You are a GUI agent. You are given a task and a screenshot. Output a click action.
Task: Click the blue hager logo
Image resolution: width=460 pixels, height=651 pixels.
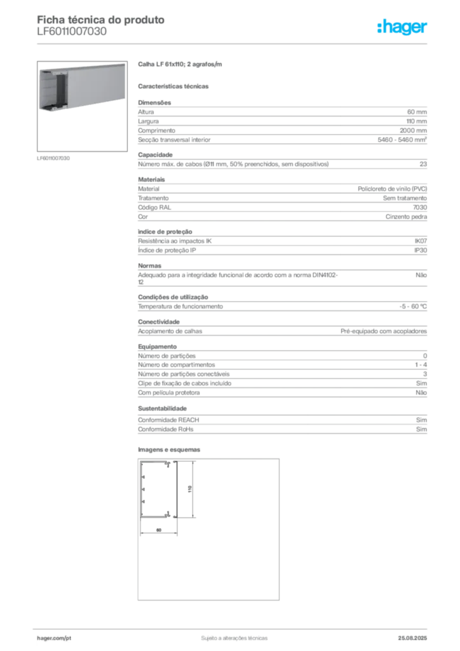(x=403, y=27)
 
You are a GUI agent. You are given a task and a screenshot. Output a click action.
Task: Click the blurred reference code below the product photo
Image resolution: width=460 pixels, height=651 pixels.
(x=53, y=157)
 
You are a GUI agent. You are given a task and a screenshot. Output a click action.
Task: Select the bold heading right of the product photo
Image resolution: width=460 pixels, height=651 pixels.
(x=179, y=65)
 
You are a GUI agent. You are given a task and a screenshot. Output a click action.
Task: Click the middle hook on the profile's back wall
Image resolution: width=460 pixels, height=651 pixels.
(x=144, y=490)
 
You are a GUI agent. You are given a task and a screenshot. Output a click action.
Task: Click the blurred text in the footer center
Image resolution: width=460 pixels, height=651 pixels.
(x=233, y=635)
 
